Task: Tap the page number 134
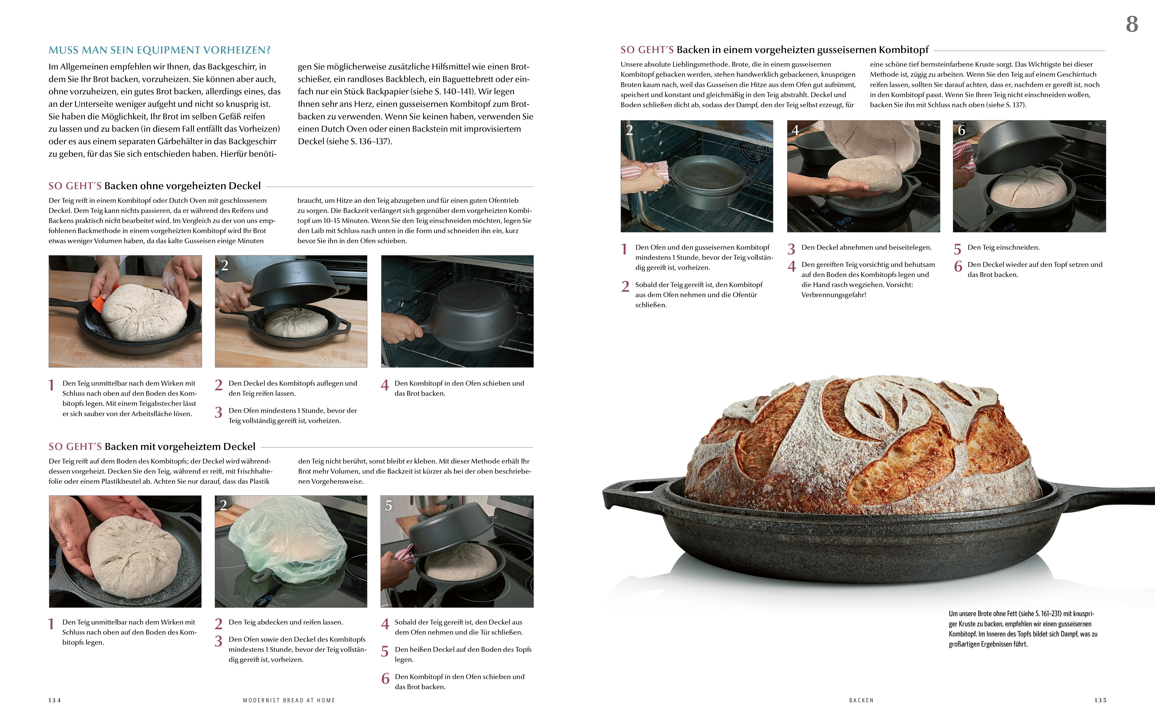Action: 55,700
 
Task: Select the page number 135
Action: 1100,700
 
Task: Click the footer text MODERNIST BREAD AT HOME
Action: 289,700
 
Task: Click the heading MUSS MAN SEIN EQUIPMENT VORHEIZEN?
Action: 160,50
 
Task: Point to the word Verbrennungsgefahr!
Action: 834,295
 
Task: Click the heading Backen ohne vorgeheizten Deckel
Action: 182,186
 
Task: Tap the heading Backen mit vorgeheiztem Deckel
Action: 180,446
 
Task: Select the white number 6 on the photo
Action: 961,130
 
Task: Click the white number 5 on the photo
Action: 389,505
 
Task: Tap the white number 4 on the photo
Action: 795,130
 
